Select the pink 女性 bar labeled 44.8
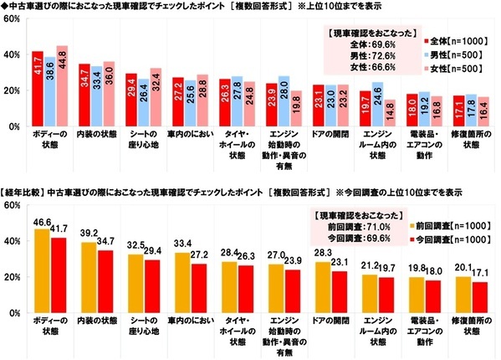(x=62, y=87)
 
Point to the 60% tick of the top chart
(x=14, y=18)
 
